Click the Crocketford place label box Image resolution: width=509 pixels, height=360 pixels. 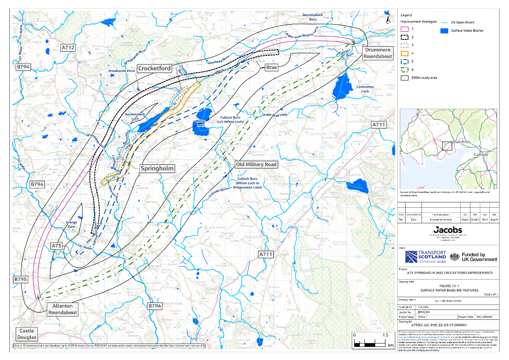tap(155, 68)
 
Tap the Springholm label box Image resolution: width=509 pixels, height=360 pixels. tap(158, 168)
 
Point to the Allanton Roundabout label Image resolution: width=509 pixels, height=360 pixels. tap(62, 309)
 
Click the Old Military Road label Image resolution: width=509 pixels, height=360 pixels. tap(256, 164)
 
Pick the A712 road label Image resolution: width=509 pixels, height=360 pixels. tap(68, 48)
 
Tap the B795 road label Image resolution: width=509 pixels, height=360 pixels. tap(20, 280)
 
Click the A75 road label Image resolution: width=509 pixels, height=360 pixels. tap(57, 245)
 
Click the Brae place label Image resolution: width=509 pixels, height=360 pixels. tap(271, 66)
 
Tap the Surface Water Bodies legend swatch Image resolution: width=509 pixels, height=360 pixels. tap(445, 30)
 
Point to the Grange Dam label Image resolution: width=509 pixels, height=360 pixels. tap(71, 224)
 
